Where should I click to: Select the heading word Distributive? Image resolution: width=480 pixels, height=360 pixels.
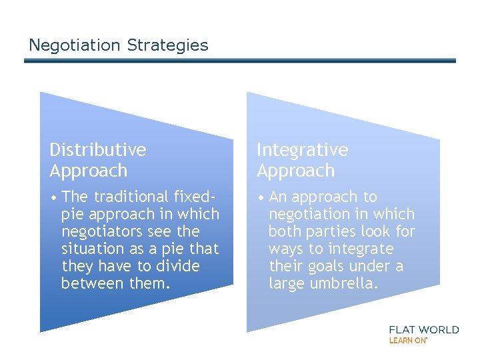coord(97,150)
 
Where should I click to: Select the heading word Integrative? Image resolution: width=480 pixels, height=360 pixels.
coord(302,150)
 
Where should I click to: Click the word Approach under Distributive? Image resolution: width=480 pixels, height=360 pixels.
coord(88,171)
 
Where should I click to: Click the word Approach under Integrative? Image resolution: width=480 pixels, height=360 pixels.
coord(295,171)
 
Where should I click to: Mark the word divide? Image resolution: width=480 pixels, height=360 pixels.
coord(177,266)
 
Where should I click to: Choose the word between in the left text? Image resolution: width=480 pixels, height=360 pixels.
coord(87,283)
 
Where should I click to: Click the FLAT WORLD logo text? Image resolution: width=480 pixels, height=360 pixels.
coord(423,329)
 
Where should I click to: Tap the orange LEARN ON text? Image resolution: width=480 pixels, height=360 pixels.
coord(407,340)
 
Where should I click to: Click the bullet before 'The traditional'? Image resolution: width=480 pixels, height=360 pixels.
coord(53,197)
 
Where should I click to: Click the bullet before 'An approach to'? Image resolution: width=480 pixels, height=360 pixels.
coord(261,197)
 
